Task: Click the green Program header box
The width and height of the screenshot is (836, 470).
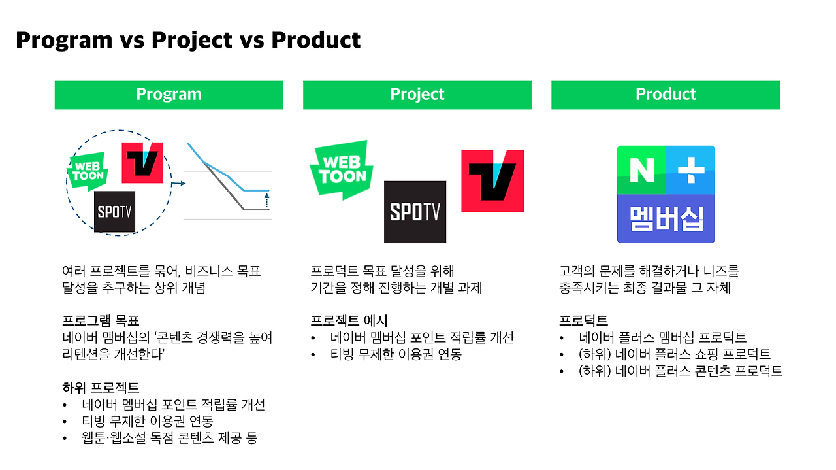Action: coord(169,95)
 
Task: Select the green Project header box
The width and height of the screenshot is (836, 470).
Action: coord(417,95)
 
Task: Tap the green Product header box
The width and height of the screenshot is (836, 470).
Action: coord(666,95)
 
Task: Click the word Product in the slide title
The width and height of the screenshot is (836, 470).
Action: coord(315,40)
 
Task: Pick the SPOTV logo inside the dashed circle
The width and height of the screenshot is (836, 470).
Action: coord(114,212)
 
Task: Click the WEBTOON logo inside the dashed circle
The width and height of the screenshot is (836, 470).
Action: coord(88,171)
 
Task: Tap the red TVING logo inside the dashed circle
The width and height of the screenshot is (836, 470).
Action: coord(142,163)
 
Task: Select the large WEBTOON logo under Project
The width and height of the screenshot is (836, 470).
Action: coord(342,170)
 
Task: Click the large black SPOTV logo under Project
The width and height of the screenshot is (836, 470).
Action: coord(415,212)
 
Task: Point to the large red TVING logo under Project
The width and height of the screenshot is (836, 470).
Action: coord(492,181)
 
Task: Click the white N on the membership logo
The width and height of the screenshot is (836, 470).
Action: coord(642,170)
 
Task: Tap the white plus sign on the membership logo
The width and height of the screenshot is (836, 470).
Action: coord(691,170)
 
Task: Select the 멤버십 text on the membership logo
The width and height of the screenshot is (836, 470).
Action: coord(667,219)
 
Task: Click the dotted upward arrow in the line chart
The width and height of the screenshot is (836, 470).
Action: coord(266,200)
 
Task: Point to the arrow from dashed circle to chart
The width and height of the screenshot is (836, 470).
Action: coord(178,184)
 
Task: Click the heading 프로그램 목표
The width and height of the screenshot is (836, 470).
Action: coord(101,320)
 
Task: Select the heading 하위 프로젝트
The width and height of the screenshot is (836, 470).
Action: coord(101,388)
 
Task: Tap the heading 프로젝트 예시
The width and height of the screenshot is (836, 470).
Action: coord(349,320)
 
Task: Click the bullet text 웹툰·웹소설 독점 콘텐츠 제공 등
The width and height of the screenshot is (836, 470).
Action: coord(170,437)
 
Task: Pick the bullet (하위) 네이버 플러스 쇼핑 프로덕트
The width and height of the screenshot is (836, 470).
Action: coord(675,354)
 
